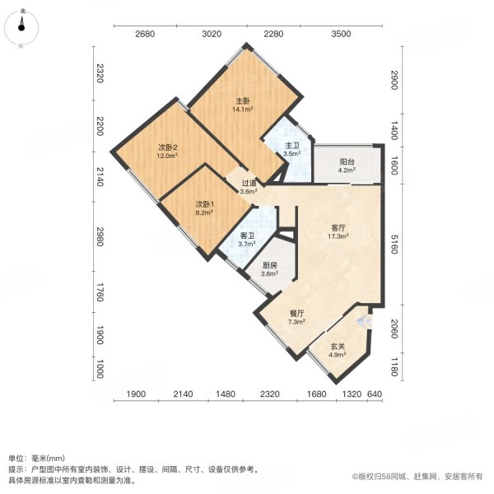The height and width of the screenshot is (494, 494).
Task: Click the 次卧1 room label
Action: (204, 204)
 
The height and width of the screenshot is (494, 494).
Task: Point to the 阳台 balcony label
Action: (347, 162)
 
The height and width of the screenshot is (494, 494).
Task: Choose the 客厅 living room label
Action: (338, 227)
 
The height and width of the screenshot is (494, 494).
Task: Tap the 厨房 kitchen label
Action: (269, 265)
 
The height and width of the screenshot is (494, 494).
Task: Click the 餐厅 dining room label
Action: (297, 313)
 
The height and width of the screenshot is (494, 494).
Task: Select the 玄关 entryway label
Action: (338, 347)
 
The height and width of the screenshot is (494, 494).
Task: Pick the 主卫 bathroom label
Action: (291, 146)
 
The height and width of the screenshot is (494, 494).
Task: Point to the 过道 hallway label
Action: (248, 184)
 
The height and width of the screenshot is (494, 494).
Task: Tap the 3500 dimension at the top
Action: (342, 34)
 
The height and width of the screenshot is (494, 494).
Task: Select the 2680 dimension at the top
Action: (145, 34)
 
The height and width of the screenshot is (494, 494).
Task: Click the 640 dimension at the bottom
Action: (375, 394)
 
